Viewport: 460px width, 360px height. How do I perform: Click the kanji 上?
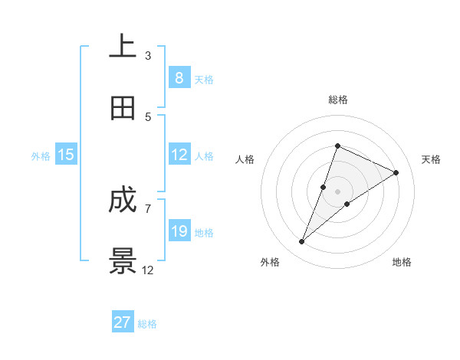[123, 47]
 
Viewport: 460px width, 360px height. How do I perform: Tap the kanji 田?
[123, 108]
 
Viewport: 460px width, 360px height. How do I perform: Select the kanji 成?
[123, 201]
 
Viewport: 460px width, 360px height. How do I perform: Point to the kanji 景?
[123, 260]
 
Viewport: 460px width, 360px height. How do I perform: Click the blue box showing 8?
[179, 78]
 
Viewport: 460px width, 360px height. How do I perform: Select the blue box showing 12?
[179, 155]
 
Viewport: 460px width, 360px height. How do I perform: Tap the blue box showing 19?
[179, 231]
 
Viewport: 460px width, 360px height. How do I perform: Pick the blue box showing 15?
[66, 155]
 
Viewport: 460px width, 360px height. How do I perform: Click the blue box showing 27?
[123, 322]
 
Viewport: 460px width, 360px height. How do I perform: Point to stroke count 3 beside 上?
[148, 56]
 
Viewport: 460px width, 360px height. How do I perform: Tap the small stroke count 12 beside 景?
[148, 270]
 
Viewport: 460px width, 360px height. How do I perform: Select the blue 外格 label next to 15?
[41, 156]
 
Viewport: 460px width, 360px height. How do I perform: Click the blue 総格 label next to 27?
[147, 324]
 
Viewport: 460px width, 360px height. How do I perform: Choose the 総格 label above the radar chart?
[338, 100]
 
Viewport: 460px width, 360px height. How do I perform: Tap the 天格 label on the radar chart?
[431, 159]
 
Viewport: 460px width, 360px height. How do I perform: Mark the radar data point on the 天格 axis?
[396, 173]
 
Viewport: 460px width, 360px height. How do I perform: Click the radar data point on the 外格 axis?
[302, 242]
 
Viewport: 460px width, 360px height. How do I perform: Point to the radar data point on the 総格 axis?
[337, 146]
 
